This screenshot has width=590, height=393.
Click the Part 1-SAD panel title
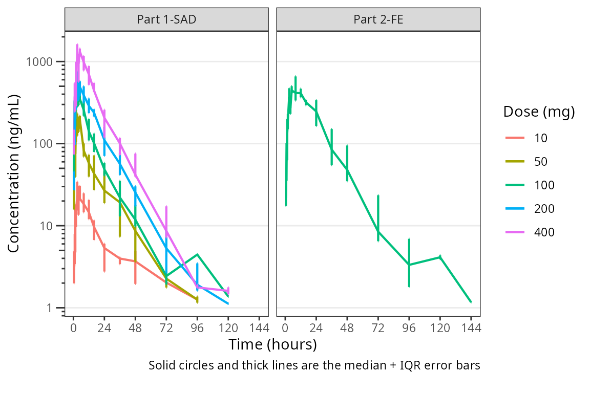(x=166, y=20)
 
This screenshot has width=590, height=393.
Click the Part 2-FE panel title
(x=378, y=20)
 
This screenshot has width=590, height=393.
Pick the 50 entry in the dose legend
(x=525, y=161)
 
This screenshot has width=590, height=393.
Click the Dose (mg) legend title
(x=539, y=112)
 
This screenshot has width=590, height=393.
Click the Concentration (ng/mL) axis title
(x=14, y=174)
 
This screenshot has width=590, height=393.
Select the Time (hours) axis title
(x=272, y=344)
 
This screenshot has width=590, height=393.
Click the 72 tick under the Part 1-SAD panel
(x=166, y=328)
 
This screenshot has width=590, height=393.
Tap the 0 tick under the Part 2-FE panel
(x=285, y=328)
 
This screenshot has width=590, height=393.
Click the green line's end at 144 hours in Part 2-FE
(x=471, y=302)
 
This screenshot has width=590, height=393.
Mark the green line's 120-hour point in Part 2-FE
(x=440, y=257)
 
